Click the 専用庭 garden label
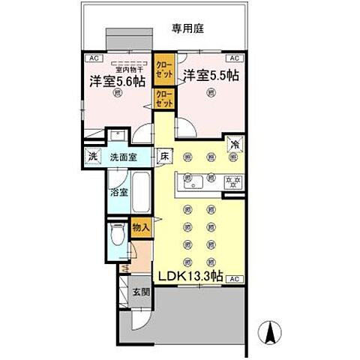pos(188,29)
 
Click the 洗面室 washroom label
pos(123,157)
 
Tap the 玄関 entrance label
pos(142,292)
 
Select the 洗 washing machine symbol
pos(93,157)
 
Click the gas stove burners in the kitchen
pos(232,181)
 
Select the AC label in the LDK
pos(235,278)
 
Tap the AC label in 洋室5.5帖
pos(234,58)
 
